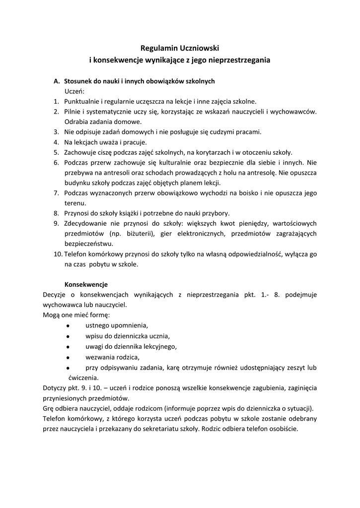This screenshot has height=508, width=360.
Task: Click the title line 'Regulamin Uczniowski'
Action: (x=180, y=48)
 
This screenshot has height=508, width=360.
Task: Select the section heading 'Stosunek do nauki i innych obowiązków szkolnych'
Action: (x=139, y=81)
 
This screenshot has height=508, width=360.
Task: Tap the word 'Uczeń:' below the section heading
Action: (x=74, y=91)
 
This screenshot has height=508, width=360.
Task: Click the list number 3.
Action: (x=56, y=132)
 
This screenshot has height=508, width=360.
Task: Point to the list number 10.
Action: (x=58, y=254)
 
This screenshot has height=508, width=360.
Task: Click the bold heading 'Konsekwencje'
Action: (x=86, y=285)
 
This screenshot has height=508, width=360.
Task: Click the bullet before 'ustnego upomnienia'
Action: (x=67, y=325)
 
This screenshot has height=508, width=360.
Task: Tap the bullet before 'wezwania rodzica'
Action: (x=67, y=357)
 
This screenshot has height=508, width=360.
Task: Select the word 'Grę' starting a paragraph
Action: (x=49, y=408)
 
